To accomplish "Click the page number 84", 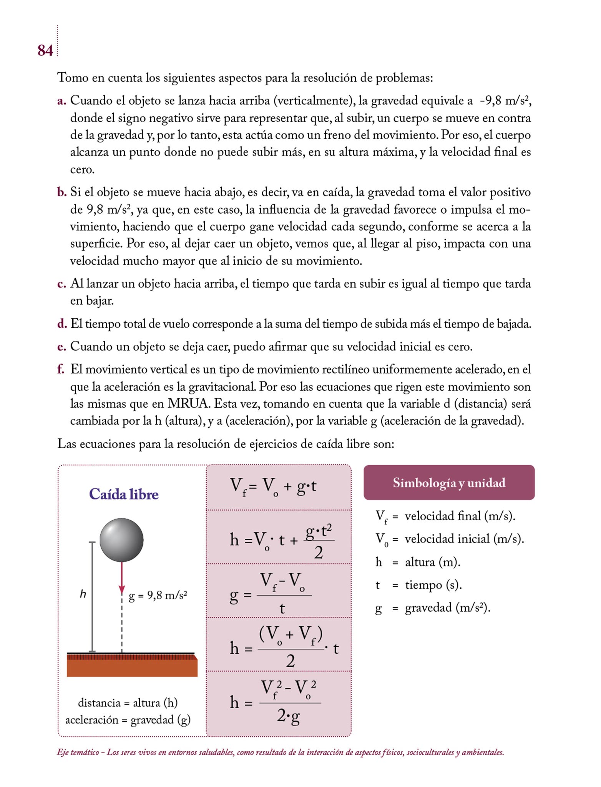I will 45,50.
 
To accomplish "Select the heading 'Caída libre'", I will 124,494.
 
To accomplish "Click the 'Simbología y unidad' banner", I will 449,483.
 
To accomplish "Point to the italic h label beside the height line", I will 83,594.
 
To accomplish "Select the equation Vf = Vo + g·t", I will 273,487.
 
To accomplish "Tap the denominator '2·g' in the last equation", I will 288,716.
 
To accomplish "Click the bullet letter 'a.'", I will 61,101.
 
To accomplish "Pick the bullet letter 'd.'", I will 62,324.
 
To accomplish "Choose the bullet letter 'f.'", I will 61,369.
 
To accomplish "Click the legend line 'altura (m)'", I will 432,562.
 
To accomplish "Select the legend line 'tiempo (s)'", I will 433,585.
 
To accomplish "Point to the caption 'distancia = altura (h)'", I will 128,702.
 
